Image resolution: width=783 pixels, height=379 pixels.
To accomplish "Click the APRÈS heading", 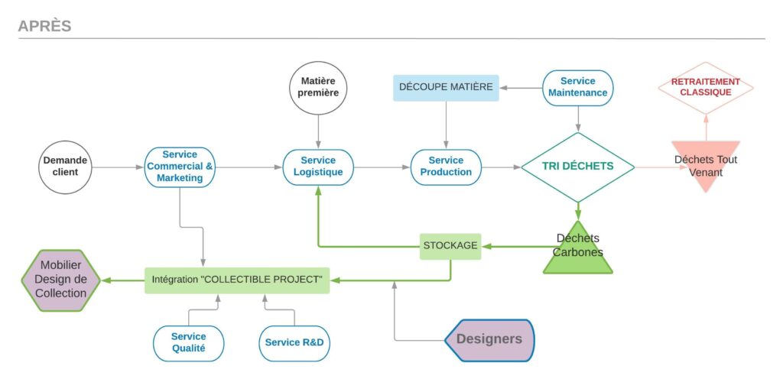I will coord(44,26).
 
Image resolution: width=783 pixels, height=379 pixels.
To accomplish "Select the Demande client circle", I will coord(65,166).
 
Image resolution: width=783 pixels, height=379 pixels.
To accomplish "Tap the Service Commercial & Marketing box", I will coord(180,167).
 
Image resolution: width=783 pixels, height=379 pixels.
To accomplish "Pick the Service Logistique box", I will coord(318,167).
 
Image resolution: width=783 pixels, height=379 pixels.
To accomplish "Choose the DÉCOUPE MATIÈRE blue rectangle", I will coord(446,87).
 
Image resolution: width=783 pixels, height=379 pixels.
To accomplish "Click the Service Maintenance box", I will coord(578,87).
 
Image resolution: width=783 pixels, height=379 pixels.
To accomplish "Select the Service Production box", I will coord(446,167).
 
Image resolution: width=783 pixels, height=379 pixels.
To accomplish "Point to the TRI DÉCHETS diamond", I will coord(578,166).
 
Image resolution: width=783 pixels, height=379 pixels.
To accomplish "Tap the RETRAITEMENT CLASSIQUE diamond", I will coord(706,87).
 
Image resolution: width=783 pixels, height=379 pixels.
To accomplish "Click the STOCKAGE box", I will coord(450,246).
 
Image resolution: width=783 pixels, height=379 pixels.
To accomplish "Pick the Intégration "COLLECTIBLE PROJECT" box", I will coord(237,280).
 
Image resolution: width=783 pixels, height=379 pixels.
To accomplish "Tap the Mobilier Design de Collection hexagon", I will coord(60,280).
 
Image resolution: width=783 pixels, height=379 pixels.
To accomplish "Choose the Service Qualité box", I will coord(188,342).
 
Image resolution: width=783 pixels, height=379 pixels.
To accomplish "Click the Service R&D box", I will coord(294,342).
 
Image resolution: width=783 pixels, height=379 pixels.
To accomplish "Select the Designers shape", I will coord(489,339).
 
